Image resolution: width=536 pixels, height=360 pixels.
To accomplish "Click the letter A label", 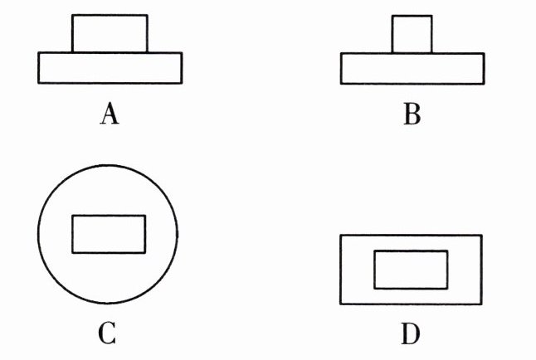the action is [x=110, y=113].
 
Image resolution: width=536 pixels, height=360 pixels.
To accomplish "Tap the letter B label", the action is [x=412, y=113].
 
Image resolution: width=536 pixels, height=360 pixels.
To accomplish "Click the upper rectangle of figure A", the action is [x=110, y=34].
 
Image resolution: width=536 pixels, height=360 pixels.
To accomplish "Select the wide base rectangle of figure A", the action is [x=110, y=68].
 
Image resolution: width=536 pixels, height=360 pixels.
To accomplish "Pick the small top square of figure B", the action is [x=412, y=34].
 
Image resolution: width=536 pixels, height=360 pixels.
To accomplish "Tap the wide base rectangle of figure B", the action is [x=412, y=68].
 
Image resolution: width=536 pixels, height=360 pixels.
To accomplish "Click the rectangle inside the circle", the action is [x=109, y=234].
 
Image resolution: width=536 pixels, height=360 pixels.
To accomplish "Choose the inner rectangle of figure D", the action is [x=411, y=270].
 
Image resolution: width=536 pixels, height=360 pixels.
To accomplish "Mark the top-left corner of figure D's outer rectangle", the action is [x=340, y=235].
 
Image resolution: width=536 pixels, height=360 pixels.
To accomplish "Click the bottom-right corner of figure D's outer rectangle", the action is [x=481, y=304].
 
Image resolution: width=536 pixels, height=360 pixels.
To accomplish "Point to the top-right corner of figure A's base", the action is [x=182, y=53].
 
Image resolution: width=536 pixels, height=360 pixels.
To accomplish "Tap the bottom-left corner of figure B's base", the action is [x=341, y=84].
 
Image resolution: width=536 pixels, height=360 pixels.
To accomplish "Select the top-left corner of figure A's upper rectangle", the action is [x=72, y=15].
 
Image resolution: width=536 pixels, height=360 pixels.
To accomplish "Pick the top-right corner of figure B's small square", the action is [x=431, y=15].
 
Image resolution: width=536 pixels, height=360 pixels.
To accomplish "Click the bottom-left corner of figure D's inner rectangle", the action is [x=374, y=289].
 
